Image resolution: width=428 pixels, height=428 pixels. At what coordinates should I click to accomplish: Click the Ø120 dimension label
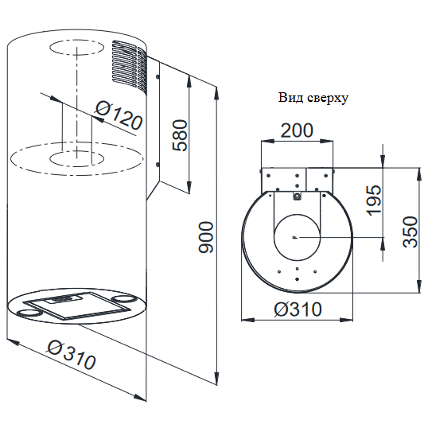point(119,116)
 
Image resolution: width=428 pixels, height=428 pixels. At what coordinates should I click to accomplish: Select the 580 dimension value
point(181,135)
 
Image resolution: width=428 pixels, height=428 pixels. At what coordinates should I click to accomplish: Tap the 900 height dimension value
point(205,238)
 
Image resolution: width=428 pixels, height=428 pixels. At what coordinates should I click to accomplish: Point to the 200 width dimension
point(297,130)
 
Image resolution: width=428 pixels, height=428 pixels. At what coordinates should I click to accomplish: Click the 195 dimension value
point(374,200)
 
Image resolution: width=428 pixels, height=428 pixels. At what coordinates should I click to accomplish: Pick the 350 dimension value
point(410,232)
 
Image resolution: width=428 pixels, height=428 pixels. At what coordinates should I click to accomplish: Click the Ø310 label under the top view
point(298,309)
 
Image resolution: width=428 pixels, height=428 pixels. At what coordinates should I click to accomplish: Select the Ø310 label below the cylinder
point(72,355)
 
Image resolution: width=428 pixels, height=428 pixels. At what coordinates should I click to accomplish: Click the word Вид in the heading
point(290,97)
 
